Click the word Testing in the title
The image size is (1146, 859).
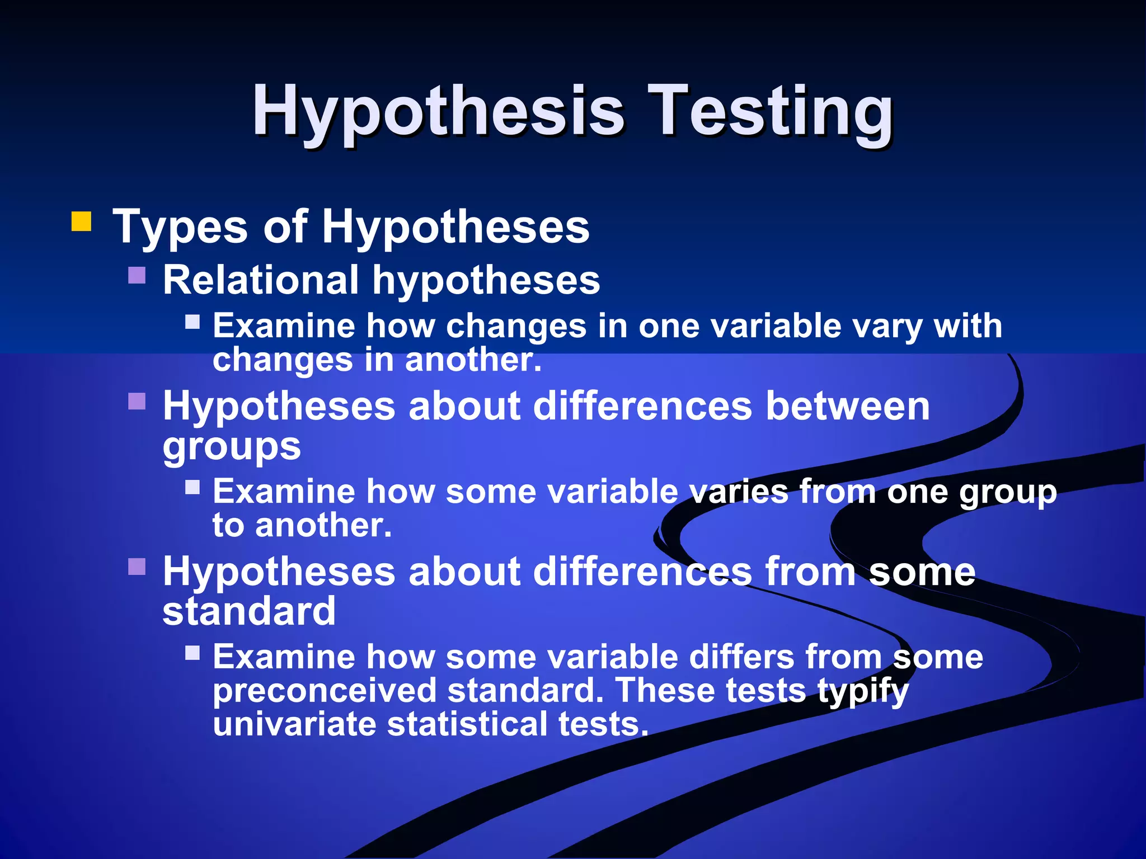coord(772,112)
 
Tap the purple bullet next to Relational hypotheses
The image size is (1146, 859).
coord(137,275)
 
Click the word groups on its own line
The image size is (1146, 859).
coord(232,446)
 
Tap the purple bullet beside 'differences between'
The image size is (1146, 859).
coord(137,401)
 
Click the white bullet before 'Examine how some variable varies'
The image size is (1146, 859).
coord(192,487)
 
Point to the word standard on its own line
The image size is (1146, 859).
coord(249,611)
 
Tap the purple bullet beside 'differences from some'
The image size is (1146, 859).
coord(137,567)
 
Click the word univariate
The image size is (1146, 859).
coord(294,724)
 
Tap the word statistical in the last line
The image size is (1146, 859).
coord(468,724)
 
